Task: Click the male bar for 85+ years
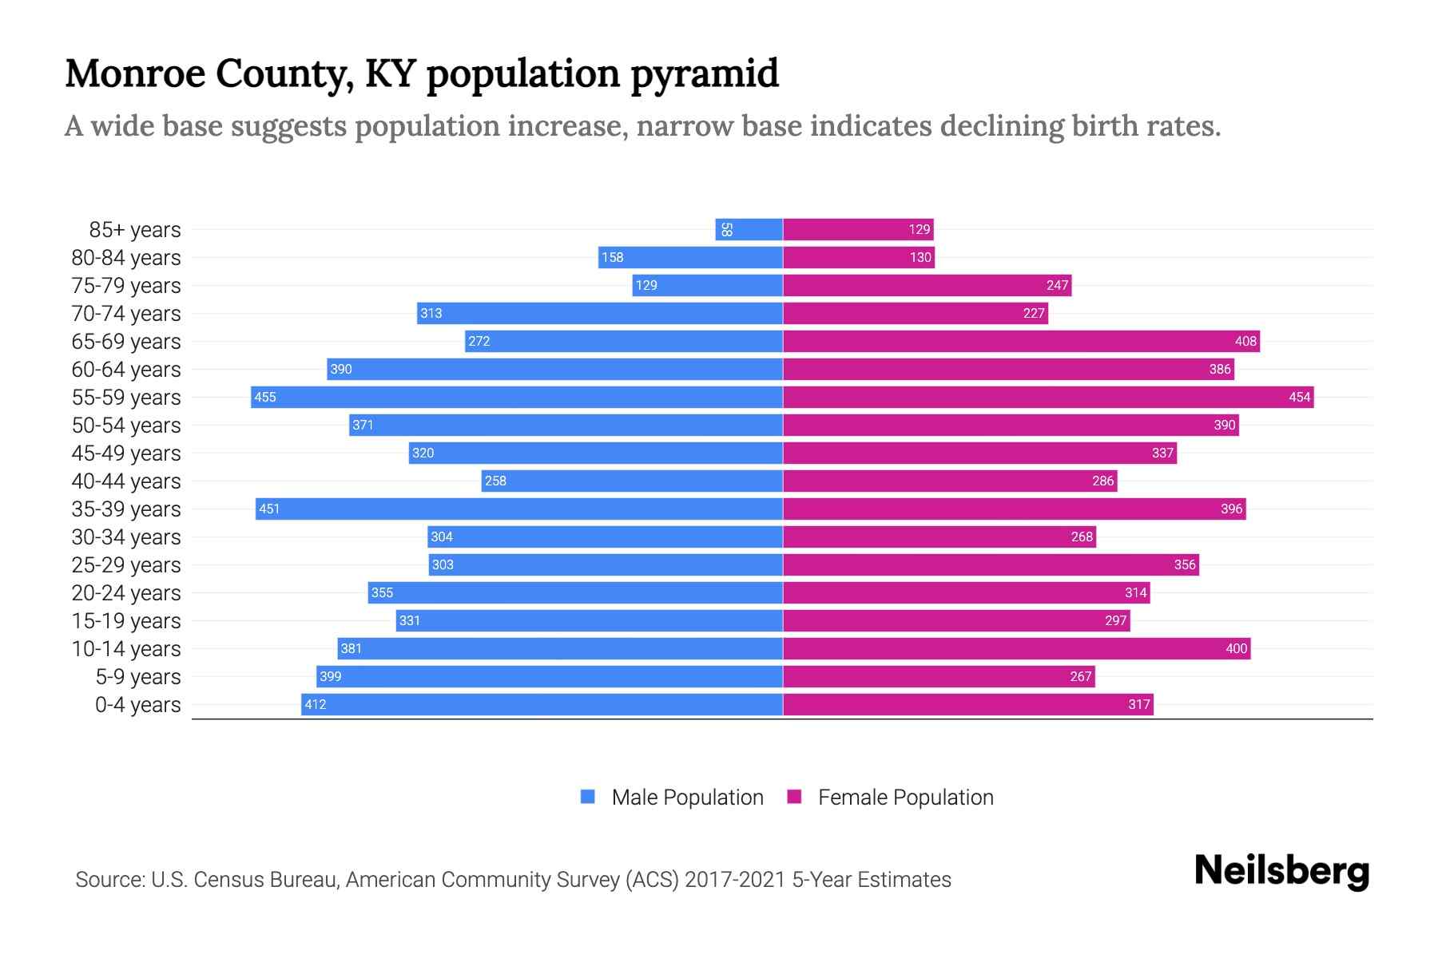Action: pos(749,230)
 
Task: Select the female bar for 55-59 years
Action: pos(1047,398)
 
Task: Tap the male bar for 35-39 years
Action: pos(519,509)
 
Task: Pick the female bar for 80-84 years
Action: pos(858,258)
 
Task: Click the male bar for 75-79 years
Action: pos(707,286)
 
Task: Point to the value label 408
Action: pos(1245,342)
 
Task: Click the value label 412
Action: pos(316,705)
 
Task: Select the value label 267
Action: pos(1080,677)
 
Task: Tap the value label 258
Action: pos(495,481)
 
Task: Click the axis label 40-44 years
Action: pos(126,481)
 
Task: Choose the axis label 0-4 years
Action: pos(137,705)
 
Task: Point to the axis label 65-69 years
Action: pos(126,342)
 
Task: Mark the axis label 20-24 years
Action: pos(126,593)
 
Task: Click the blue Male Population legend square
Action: pos(588,797)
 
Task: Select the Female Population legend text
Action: pos(905,798)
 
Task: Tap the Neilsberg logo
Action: pos(1281,871)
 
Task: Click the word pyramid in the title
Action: pos(704,74)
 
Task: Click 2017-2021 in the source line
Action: pos(735,880)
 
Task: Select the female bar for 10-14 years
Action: pos(1016,649)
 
